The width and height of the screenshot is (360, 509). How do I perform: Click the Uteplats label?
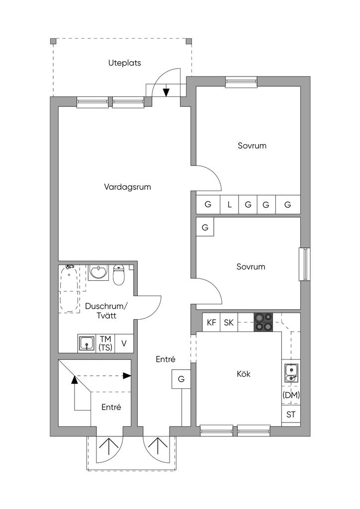[125, 63]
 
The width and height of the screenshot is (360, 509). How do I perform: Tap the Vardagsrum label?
[128, 187]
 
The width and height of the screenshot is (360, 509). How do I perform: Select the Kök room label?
[244, 374]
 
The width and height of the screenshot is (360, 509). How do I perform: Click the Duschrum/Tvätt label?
[106, 311]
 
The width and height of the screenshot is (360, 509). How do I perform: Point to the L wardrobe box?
[230, 204]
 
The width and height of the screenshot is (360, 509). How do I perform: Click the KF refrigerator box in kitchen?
[211, 322]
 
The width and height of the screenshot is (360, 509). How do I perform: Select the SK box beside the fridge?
[229, 322]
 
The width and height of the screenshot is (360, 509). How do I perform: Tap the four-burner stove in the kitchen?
[263, 322]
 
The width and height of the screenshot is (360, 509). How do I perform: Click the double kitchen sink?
[291, 373]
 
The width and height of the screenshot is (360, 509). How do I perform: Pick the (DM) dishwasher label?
[291, 395]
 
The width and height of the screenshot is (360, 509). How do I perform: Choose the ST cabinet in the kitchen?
[291, 415]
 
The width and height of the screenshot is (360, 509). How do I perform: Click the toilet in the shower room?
[119, 275]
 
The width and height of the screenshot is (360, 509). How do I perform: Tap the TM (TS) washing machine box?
[106, 343]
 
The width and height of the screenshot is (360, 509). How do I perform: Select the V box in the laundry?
[124, 343]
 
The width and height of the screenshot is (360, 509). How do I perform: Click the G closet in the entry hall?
[181, 379]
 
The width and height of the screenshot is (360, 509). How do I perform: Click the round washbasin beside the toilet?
[98, 272]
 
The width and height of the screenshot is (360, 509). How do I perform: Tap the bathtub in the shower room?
[70, 289]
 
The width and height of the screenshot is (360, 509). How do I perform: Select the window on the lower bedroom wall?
[304, 264]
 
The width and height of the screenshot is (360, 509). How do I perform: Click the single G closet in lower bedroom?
[205, 227]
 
